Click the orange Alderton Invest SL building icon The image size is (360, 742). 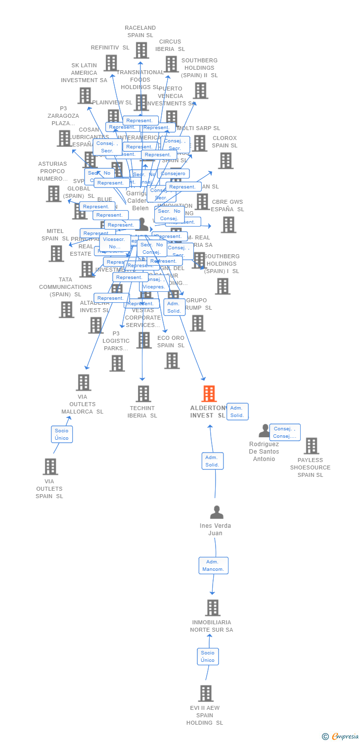pos(209,394)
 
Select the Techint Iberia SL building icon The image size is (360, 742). pos(143,394)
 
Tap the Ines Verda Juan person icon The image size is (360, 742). pos(216,512)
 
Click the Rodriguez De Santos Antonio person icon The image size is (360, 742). pos(265,431)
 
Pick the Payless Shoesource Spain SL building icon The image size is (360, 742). pos(311,446)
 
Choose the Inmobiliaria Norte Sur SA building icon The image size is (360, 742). pos(213,608)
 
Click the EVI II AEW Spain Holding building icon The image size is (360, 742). pos(206,694)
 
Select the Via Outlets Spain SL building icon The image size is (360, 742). pos(50,466)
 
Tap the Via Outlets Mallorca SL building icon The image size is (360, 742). pos(84,382)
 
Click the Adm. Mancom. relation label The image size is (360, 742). pos(213,565)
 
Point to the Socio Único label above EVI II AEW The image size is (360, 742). pos(208,656)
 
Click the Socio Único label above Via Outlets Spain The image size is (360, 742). pos(62,434)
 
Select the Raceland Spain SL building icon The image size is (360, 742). pos(141,50)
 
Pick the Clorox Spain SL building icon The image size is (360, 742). pos(225,161)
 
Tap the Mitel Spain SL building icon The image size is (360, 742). pos(56,253)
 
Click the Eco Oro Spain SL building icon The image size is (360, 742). pos(172,361)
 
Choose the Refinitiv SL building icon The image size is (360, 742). pos(111,63)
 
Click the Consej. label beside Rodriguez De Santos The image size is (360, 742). pos(285,432)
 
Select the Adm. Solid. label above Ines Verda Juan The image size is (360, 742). pos(213,461)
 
